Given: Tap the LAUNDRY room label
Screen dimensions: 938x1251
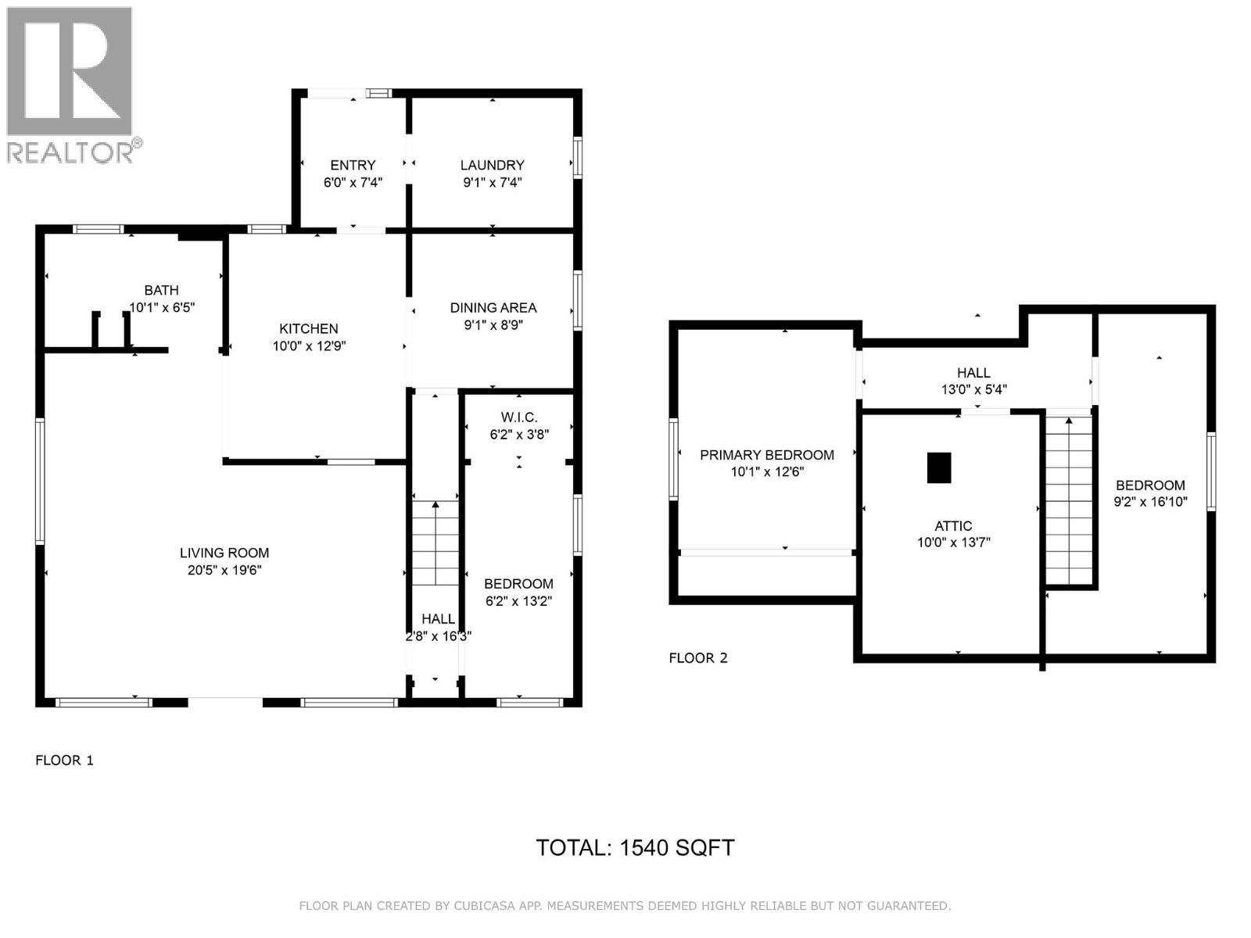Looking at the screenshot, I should pyautogui.click(x=492, y=165).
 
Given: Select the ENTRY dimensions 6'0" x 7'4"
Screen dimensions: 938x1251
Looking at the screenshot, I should pyautogui.click(x=353, y=183).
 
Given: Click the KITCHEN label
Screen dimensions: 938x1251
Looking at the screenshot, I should pyautogui.click(x=309, y=329).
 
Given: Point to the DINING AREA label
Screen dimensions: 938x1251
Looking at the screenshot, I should pyautogui.click(x=493, y=308).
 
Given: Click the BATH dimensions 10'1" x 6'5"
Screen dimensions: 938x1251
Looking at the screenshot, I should pyautogui.click(x=161, y=308).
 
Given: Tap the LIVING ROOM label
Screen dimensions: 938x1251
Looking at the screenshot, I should pyautogui.click(x=224, y=553).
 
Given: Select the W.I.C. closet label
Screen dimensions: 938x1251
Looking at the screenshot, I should pyautogui.click(x=519, y=418).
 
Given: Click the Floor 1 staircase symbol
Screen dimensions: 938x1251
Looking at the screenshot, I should pyautogui.click(x=436, y=543).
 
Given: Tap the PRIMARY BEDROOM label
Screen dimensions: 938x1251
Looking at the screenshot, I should pyautogui.click(x=766, y=455).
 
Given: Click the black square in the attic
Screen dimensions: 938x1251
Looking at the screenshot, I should pyautogui.click(x=939, y=467).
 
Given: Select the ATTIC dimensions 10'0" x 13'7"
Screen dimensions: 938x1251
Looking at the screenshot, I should pyautogui.click(x=953, y=542).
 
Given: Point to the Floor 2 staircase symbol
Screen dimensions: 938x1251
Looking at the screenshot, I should pyautogui.click(x=1069, y=500).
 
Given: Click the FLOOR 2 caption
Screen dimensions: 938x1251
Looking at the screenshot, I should pyautogui.click(x=697, y=658).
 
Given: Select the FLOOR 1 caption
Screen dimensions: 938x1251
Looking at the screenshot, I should pyautogui.click(x=64, y=760).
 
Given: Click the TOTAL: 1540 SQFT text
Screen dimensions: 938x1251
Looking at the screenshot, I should pyautogui.click(x=635, y=848).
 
